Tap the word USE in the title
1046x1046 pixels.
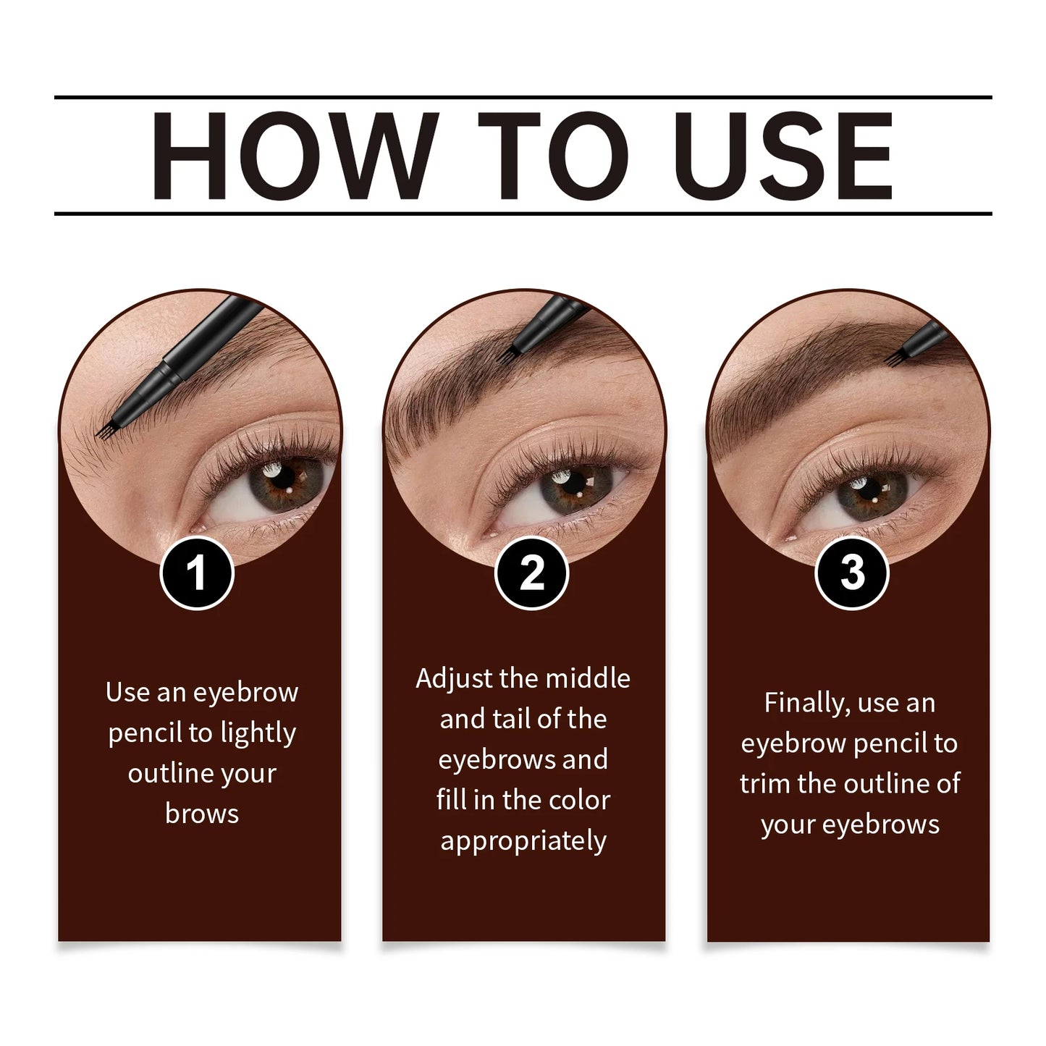[x=786, y=155]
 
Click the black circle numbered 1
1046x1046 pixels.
[x=197, y=573]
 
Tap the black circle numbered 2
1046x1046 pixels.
[x=532, y=573]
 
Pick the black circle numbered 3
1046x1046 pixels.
[x=852, y=573]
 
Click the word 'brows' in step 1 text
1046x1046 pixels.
[x=202, y=814]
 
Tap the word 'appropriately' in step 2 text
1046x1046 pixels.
[x=523, y=841]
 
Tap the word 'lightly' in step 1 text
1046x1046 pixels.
[x=258, y=733]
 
